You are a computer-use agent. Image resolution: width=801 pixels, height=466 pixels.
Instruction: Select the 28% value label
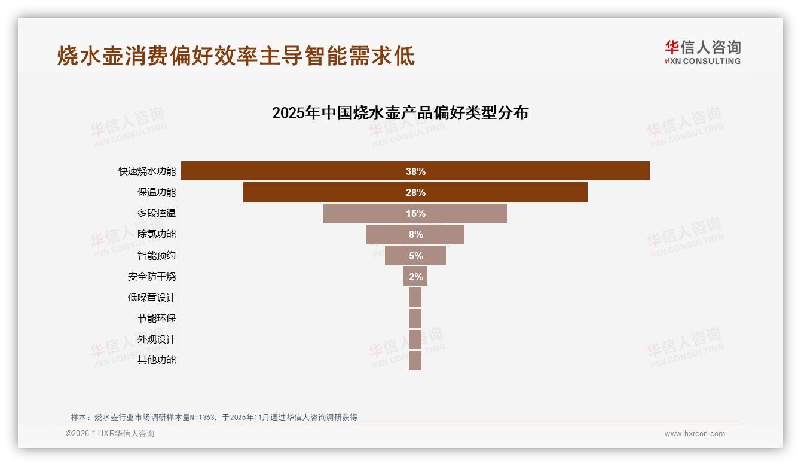coord(415,192)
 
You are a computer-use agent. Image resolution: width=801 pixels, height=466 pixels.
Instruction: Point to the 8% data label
coord(415,234)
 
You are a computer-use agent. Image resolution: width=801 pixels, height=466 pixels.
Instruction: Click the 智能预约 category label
coord(156,255)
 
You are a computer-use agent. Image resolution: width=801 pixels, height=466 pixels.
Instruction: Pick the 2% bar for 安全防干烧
coord(415,276)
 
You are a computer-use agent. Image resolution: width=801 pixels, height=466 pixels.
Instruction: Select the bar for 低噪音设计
coord(415,297)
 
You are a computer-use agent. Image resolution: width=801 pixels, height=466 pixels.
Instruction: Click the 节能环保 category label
coord(156,318)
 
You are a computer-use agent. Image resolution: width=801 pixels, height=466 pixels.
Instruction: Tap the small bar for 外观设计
coord(415,339)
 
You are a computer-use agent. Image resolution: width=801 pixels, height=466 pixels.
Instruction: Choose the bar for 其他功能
coord(415,360)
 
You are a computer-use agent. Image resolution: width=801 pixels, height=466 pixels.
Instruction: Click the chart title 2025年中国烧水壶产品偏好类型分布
coord(400,113)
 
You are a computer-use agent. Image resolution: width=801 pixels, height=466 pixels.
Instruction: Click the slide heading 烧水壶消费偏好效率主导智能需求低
coord(236,56)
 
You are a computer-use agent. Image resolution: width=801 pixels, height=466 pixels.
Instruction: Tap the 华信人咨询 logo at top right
coord(702,52)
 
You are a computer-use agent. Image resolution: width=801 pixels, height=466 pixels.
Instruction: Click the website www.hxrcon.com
coord(695,434)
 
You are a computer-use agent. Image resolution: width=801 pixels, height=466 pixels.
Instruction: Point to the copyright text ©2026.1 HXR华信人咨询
coord(110,434)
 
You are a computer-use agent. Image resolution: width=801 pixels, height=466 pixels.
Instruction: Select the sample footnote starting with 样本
coord(214,417)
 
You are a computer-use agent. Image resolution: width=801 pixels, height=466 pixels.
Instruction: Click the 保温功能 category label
coord(156,192)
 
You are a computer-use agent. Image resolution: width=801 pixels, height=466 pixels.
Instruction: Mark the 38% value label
coord(415,171)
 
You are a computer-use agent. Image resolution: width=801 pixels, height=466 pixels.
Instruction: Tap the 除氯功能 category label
coord(156,234)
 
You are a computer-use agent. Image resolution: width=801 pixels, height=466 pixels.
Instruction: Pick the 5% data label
coord(415,256)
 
